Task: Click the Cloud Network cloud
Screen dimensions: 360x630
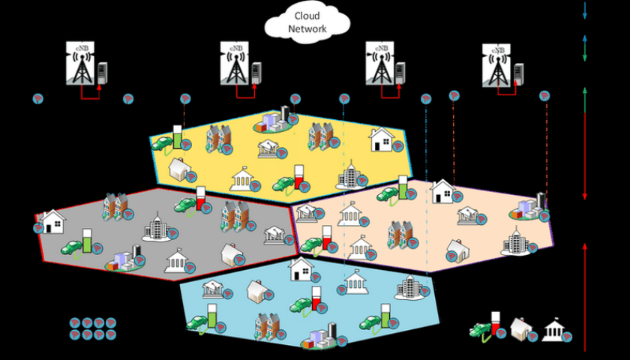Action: tap(307, 22)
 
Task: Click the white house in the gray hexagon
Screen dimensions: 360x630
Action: tap(53, 221)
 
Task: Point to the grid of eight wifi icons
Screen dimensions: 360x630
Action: tap(93, 328)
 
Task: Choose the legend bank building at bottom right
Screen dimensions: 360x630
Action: tap(554, 330)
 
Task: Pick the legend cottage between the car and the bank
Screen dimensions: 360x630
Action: tap(520, 328)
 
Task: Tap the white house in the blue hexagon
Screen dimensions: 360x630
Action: tap(300, 268)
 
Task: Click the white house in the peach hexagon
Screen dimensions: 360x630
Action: tap(442, 190)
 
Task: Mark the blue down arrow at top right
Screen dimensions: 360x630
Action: tap(584, 10)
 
